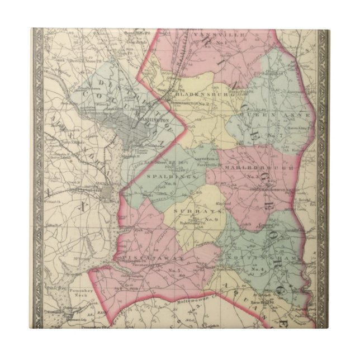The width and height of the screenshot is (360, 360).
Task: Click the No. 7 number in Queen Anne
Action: click(273, 136)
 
